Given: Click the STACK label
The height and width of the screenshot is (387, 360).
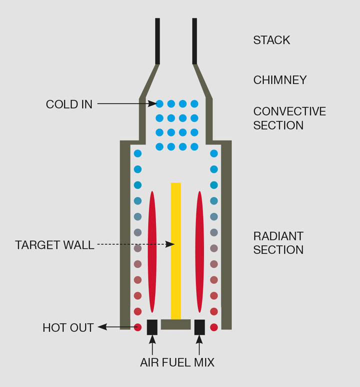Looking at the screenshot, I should click(271, 40).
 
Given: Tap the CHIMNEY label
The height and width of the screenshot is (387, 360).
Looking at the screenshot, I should click(279, 80).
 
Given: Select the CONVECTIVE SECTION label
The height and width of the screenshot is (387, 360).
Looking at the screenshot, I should click(289, 118).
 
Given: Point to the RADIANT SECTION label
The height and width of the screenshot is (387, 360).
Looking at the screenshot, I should click(278, 242).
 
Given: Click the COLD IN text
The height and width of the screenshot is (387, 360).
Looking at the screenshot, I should click(69, 104).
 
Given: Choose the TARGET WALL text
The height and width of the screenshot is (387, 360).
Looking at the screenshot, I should click(54, 245).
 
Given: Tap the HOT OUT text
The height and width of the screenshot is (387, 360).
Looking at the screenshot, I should click(68, 328).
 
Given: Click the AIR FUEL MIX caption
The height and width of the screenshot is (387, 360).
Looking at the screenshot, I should click(177, 363).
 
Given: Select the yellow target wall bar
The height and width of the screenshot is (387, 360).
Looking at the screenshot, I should click(176, 250).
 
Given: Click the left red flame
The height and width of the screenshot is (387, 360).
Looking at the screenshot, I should click(152, 250).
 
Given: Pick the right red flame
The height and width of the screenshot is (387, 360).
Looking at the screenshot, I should click(200, 250).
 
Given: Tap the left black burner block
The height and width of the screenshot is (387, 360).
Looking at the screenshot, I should click(152, 327).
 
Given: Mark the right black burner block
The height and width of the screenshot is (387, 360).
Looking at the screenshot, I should click(199, 327).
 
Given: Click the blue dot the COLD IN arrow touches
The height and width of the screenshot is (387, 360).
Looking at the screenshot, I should click(159, 104).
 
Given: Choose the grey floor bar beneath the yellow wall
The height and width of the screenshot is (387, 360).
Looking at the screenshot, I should click(176, 324).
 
